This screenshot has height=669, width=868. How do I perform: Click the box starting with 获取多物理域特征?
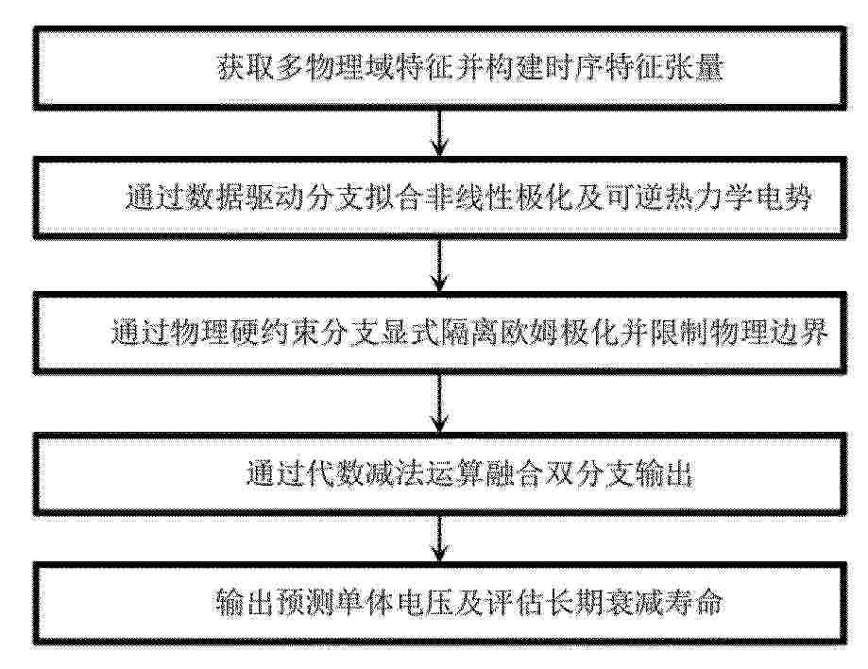tap(439, 68)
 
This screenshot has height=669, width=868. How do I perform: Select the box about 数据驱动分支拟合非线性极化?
tap(439, 197)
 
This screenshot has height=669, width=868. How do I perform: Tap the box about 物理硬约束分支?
tap(439, 333)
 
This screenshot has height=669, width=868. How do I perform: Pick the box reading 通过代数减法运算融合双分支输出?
tap(439, 474)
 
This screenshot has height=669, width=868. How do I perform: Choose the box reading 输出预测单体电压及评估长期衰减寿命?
tap(439, 604)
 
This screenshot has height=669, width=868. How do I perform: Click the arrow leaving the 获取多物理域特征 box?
tap(439, 133)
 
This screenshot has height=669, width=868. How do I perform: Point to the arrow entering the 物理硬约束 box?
tap(439, 266)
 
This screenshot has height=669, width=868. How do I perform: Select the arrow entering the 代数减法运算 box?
tap(439, 403)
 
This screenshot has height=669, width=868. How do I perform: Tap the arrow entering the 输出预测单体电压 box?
tap(439, 540)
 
